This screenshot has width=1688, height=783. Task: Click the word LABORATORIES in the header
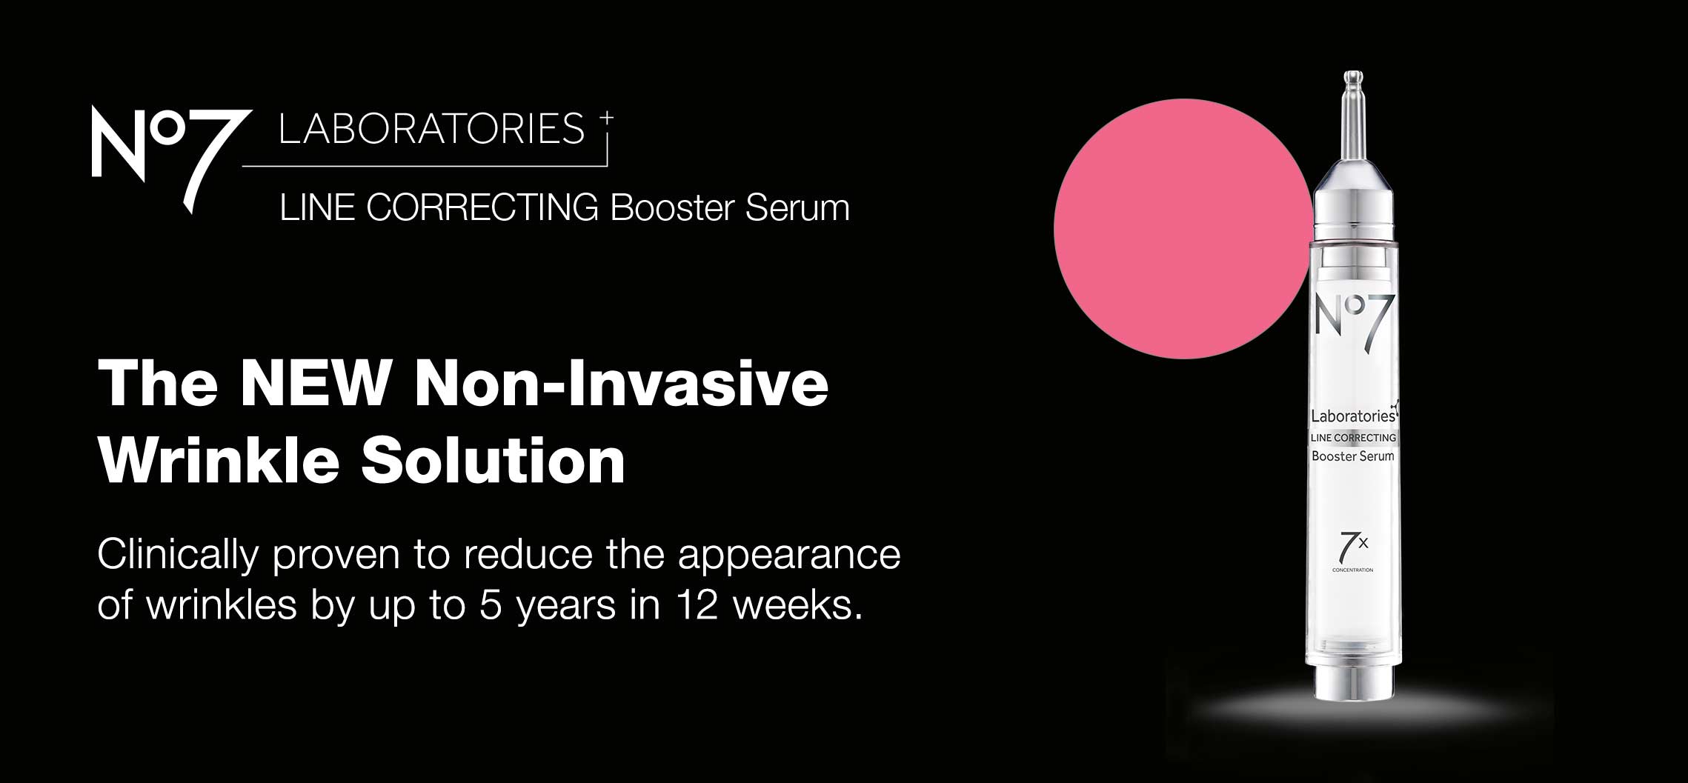click(x=431, y=129)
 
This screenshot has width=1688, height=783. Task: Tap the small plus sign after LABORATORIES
click(x=607, y=117)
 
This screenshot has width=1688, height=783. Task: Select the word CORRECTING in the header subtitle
click(x=482, y=207)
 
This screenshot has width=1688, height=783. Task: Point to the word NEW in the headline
click(x=316, y=383)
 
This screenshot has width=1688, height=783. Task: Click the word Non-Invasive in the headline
click(x=622, y=383)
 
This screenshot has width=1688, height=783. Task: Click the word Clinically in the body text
click(x=178, y=556)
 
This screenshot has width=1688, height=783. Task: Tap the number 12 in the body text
click(x=697, y=605)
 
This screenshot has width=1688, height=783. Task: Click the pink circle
click(x=1183, y=229)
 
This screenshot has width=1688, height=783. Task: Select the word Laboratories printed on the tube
click(x=1354, y=415)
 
